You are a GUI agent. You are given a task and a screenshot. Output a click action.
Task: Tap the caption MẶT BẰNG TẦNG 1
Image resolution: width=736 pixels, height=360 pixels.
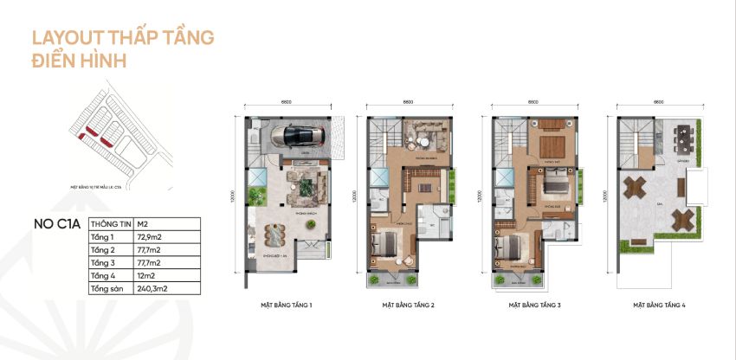(286, 305)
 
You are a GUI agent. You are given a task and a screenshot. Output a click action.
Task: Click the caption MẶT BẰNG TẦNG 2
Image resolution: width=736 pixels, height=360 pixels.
(408, 305)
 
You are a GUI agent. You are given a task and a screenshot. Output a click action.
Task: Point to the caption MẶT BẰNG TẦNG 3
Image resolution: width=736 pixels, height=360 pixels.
(534, 305)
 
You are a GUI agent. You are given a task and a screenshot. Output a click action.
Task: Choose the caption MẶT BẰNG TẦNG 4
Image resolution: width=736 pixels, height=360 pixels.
(659, 305)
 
